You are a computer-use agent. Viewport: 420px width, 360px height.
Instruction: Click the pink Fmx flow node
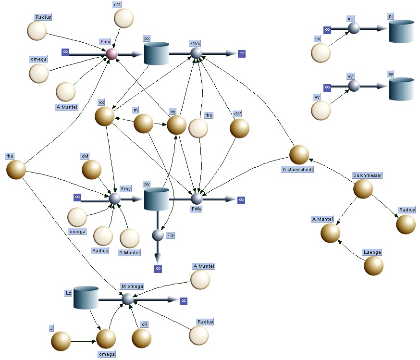pos(111,54)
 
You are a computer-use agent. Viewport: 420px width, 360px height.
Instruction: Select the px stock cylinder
pos(157,53)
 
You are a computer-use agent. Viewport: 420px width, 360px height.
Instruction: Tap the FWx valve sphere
pos(196,53)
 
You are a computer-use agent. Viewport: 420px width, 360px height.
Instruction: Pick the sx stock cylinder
pos(401,31)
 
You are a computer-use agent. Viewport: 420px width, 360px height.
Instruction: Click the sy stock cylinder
pos(401,89)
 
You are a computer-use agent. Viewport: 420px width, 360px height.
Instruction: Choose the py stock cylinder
pos(157,199)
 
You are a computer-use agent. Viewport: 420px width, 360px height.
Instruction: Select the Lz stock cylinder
pos(86,298)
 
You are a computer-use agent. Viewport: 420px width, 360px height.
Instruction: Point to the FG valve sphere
pos(158,235)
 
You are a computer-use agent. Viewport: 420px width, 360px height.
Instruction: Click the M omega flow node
pos(127,299)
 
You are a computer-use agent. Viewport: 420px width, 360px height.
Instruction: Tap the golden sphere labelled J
pos(61,341)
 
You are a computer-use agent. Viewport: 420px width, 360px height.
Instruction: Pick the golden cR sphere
pos(141,338)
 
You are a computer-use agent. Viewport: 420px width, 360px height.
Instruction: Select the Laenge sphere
pos(373,266)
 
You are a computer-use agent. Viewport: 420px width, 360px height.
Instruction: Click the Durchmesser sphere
pos(363,189)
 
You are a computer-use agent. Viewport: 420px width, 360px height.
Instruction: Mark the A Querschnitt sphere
pos(299,155)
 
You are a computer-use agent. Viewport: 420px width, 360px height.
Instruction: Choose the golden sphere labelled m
pos(143,124)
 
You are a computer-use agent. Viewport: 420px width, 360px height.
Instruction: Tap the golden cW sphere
pos(239,128)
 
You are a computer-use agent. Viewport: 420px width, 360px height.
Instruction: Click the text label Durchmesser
pos(368,175)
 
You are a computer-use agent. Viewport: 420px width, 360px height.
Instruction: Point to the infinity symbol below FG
pos(158,269)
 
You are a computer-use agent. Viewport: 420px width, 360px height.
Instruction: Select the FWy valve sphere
pos(197,199)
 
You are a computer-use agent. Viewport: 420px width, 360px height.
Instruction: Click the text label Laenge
pos(372,252)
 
